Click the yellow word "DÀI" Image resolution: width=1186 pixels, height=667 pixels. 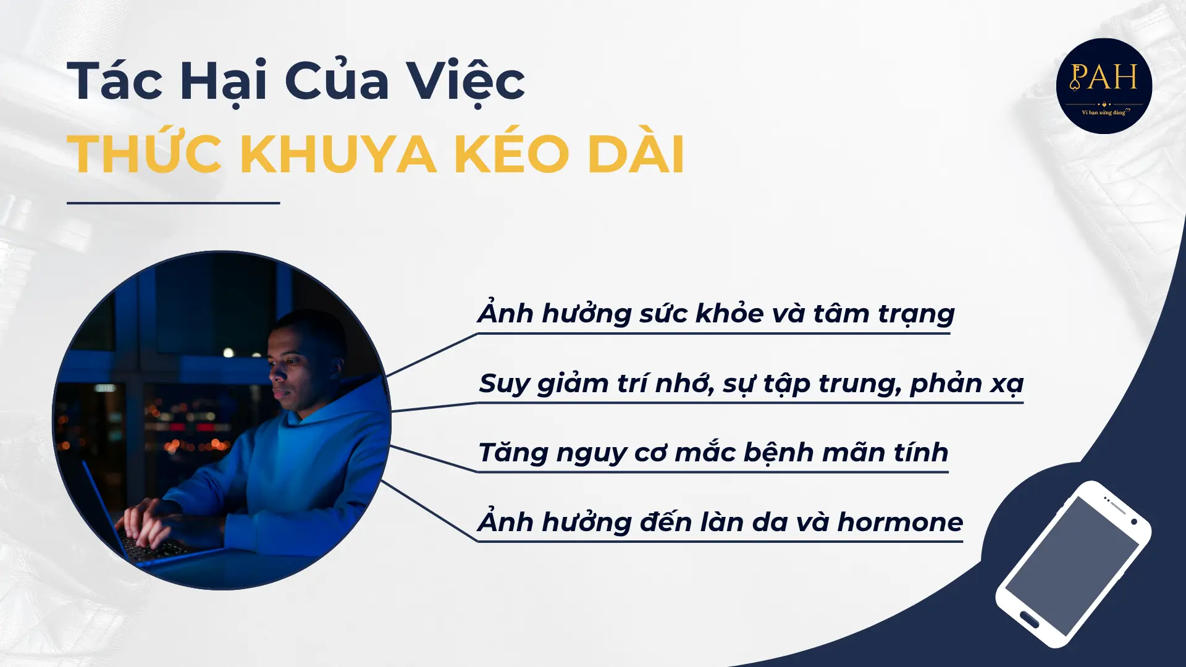[x=636, y=154]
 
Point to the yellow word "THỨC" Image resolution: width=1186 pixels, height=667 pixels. [x=145, y=154]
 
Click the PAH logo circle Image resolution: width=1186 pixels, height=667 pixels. [x=1104, y=86]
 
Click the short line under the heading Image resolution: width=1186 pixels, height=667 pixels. [x=173, y=203]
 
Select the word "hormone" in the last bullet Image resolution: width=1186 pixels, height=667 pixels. [x=899, y=522]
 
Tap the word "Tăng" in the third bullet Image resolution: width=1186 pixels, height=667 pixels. [x=513, y=453]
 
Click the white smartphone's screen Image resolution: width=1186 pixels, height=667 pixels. [x=1072, y=565]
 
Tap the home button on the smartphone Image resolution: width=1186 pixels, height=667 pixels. [x=1029, y=618]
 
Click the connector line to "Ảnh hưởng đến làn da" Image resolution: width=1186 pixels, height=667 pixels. [x=429, y=511]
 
